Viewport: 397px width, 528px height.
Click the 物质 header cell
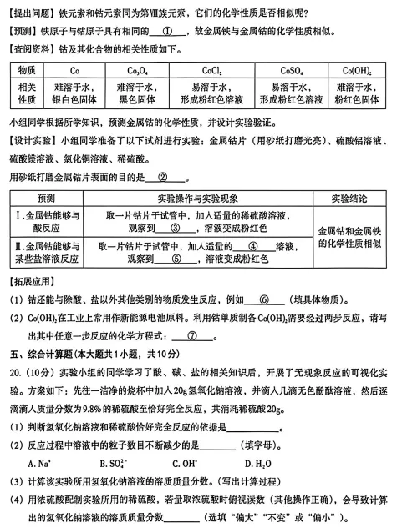coord(26,70)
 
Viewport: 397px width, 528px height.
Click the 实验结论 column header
coord(349,199)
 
